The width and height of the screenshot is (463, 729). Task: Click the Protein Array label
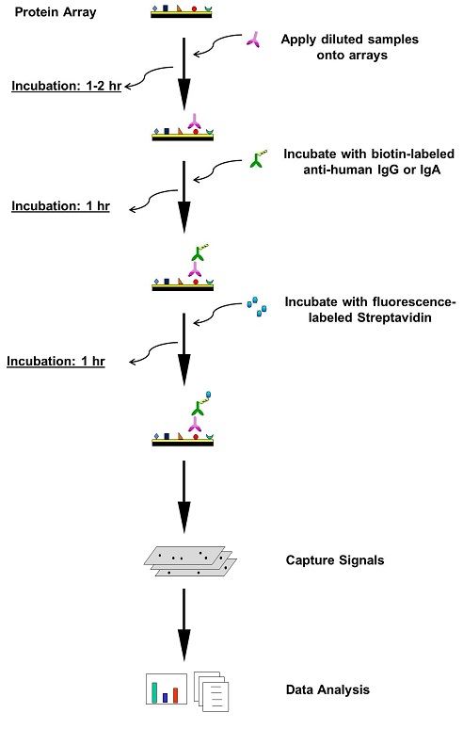click(56, 12)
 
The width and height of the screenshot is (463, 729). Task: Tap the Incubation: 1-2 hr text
click(67, 86)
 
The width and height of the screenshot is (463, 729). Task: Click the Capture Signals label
click(335, 560)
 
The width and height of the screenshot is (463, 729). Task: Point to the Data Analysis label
click(327, 689)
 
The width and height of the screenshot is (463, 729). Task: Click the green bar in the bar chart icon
click(154, 692)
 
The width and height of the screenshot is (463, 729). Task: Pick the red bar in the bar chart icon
click(176, 695)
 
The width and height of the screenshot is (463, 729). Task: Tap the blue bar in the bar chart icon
click(165, 698)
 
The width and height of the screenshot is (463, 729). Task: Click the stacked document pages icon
click(212, 691)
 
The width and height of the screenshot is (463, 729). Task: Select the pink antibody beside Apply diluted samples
click(253, 40)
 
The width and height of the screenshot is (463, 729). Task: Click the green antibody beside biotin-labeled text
click(257, 159)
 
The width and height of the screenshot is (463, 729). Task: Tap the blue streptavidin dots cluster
click(257, 307)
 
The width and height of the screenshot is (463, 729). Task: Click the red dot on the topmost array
click(194, 8)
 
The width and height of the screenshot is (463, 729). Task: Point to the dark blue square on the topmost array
click(166, 8)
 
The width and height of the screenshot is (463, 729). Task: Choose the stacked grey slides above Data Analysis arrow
click(190, 561)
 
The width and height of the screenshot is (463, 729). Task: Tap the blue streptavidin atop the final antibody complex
click(209, 396)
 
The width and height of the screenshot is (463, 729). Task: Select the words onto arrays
click(352, 56)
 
